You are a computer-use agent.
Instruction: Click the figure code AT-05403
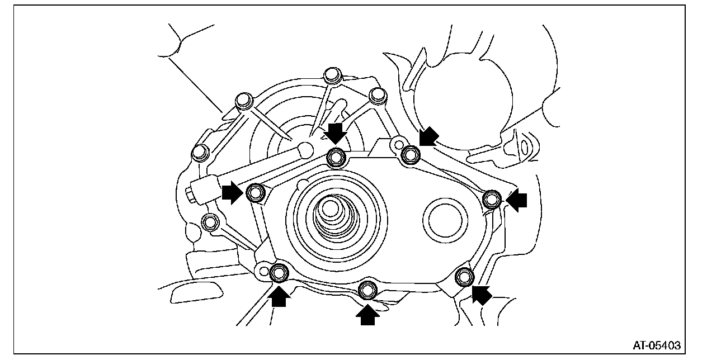[657, 345]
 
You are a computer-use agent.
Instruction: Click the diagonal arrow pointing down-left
[429, 136]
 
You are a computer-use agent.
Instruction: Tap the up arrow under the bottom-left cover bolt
[280, 297]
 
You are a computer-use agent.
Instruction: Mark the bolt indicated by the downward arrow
[336, 157]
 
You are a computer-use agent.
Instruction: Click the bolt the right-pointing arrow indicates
[256, 193]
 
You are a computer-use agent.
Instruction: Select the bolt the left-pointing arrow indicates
[492, 198]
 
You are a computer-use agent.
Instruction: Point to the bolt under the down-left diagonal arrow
[411, 154]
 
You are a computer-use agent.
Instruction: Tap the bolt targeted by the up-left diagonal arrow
[463, 276]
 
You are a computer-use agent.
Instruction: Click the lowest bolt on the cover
[367, 290]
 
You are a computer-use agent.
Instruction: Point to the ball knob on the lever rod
[305, 149]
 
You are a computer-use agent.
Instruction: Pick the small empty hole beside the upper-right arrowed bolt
[398, 145]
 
